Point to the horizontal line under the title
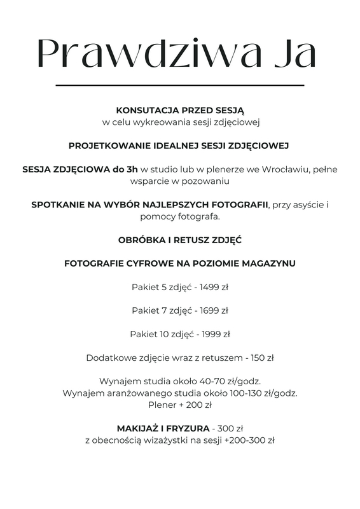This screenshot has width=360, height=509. tap(180, 85)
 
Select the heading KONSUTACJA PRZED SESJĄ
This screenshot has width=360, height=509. tap(180, 109)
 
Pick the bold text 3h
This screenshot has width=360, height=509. tap(131, 169)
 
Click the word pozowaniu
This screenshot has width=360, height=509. tap(202, 181)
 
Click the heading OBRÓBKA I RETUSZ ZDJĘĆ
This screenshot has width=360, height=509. tap(180, 241)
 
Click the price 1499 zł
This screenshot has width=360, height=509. tap(214, 287)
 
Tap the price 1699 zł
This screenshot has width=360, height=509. tap(214, 310)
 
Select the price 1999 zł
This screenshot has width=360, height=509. tap(215, 334)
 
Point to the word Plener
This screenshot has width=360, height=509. tap(162, 405)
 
